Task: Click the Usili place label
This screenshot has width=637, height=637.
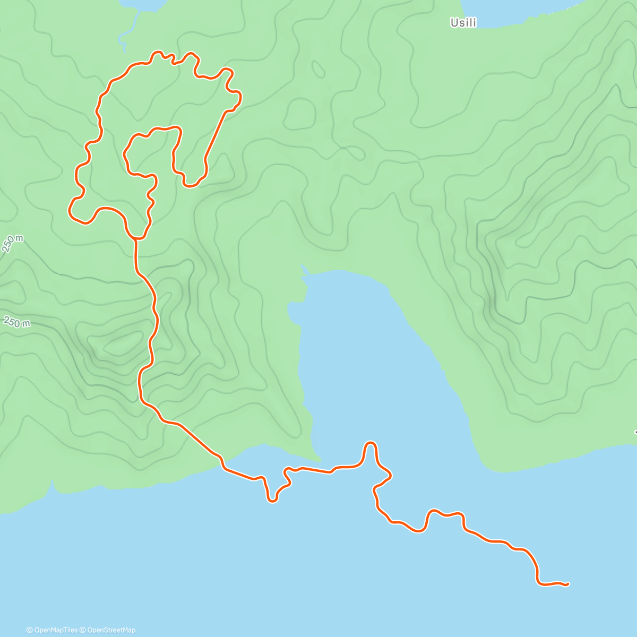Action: click(463, 23)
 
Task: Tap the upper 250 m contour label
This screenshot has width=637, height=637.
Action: click(13, 244)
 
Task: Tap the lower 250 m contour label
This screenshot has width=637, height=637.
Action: click(17, 322)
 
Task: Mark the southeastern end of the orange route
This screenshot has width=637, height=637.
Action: click(567, 584)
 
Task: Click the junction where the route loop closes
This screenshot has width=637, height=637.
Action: click(136, 238)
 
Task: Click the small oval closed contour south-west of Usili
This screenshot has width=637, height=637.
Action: click(318, 68)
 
